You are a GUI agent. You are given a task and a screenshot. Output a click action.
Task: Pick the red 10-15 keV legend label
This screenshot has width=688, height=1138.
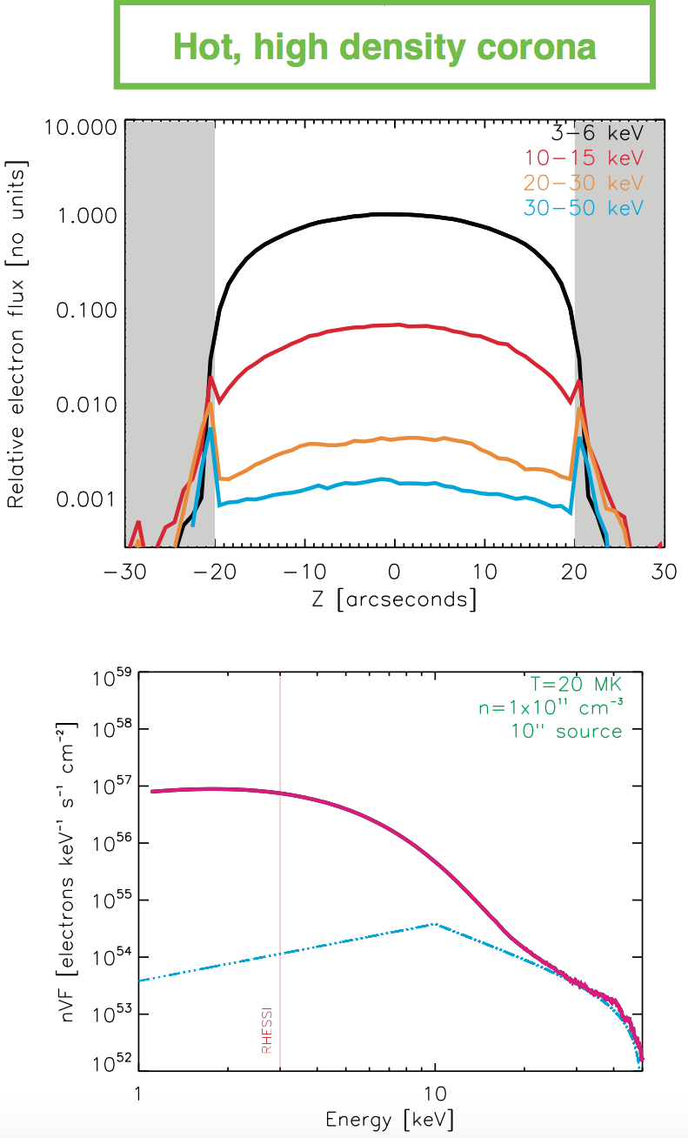[584, 158]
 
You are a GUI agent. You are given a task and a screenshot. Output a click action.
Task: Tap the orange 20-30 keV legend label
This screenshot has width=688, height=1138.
[584, 183]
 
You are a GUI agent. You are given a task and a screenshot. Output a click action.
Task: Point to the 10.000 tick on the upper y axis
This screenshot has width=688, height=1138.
[78, 128]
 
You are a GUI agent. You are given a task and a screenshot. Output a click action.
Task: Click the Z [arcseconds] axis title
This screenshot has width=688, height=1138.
[395, 600]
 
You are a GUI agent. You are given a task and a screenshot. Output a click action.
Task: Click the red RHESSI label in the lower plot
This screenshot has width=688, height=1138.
[267, 1032]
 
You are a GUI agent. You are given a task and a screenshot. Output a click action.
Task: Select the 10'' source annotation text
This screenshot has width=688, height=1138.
[567, 731]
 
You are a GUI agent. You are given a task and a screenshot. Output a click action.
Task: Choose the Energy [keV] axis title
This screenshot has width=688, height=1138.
[389, 1120]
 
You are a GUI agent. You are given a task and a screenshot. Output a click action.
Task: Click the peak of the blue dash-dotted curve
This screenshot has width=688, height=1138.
[435, 924]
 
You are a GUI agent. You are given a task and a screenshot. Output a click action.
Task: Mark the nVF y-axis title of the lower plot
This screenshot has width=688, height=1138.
[76, 870]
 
